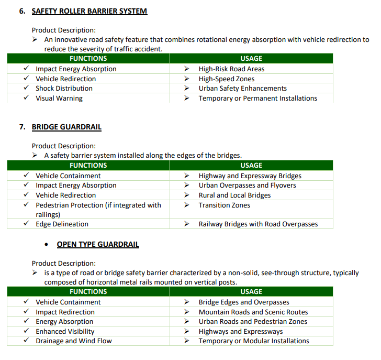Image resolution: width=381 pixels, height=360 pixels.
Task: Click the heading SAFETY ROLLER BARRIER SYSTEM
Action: [x=89, y=11]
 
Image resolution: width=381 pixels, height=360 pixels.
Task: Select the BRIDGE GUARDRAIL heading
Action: [x=66, y=127]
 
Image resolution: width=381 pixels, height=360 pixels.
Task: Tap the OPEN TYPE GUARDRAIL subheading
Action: [x=98, y=244]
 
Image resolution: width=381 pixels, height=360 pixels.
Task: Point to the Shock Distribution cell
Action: [x=64, y=89]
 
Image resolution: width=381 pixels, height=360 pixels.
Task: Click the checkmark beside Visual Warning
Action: [x=26, y=98]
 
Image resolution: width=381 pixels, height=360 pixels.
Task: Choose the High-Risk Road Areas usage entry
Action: [x=231, y=69]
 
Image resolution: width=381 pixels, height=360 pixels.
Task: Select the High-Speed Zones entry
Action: [x=227, y=79]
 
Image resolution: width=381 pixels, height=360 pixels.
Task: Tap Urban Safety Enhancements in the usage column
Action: [x=242, y=89]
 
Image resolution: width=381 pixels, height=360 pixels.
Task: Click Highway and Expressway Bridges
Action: [x=250, y=176]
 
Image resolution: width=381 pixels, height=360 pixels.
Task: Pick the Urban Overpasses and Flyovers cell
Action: [x=247, y=186]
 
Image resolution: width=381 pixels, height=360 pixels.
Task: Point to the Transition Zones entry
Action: [x=224, y=205]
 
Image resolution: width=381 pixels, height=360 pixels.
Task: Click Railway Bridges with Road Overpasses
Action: [x=258, y=224]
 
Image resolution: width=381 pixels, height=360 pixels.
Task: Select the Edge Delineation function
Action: [x=62, y=224]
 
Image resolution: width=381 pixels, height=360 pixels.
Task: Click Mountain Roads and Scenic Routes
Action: [x=253, y=312]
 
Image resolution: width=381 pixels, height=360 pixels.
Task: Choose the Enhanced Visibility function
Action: [x=65, y=331]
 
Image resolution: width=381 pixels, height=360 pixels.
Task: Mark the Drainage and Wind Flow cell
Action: [x=73, y=341]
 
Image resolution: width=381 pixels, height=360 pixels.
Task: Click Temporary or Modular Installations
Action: [x=254, y=341]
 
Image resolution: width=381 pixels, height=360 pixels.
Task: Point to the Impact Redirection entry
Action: [x=65, y=312]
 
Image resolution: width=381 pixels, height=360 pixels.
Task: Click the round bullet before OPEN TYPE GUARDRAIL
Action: [x=47, y=245]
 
